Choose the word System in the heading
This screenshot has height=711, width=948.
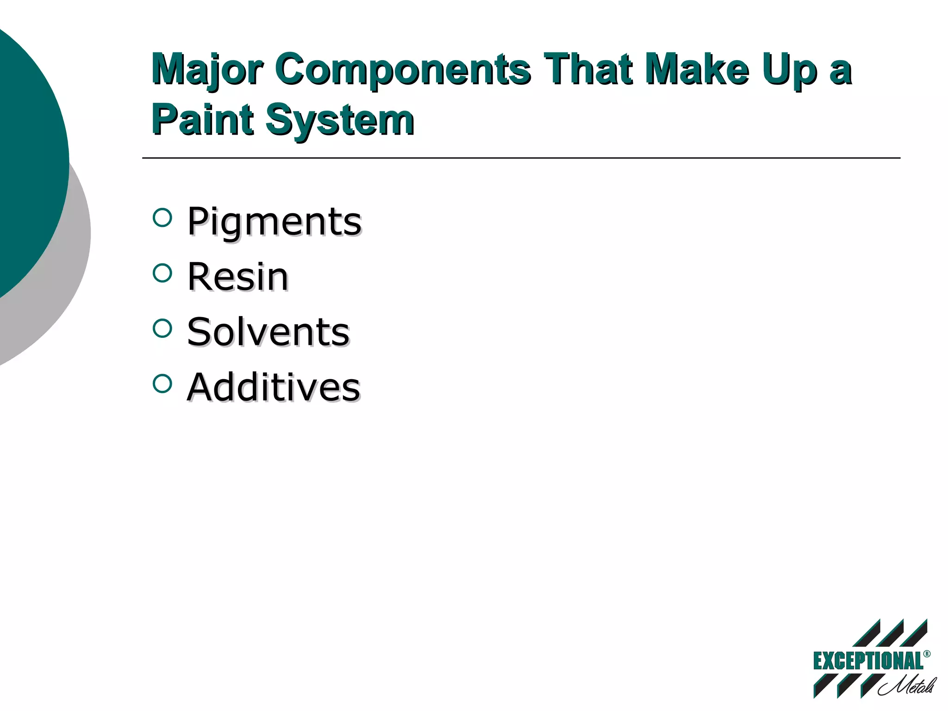click(340, 120)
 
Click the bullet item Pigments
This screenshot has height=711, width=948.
click(274, 222)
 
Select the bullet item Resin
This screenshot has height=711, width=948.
click(237, 277)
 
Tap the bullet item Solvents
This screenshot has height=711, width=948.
click(268, 332)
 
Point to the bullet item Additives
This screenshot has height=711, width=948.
click(274, 387)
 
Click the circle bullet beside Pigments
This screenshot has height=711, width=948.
click(162, 218)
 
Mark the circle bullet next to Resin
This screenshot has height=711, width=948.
click(162, 273)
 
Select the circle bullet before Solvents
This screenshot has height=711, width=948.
click(162, 328)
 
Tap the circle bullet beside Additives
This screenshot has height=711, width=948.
click(162, 383)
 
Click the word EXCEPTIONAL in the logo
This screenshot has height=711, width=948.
click(867, 661)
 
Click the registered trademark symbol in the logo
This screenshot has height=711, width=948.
click(926, 654)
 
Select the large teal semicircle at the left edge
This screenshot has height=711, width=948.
click(28, 162)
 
